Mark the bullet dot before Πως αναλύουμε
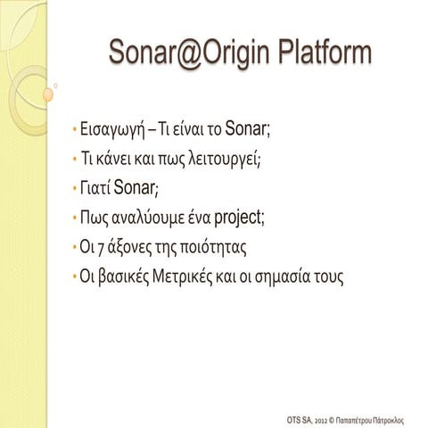(75, 218)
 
